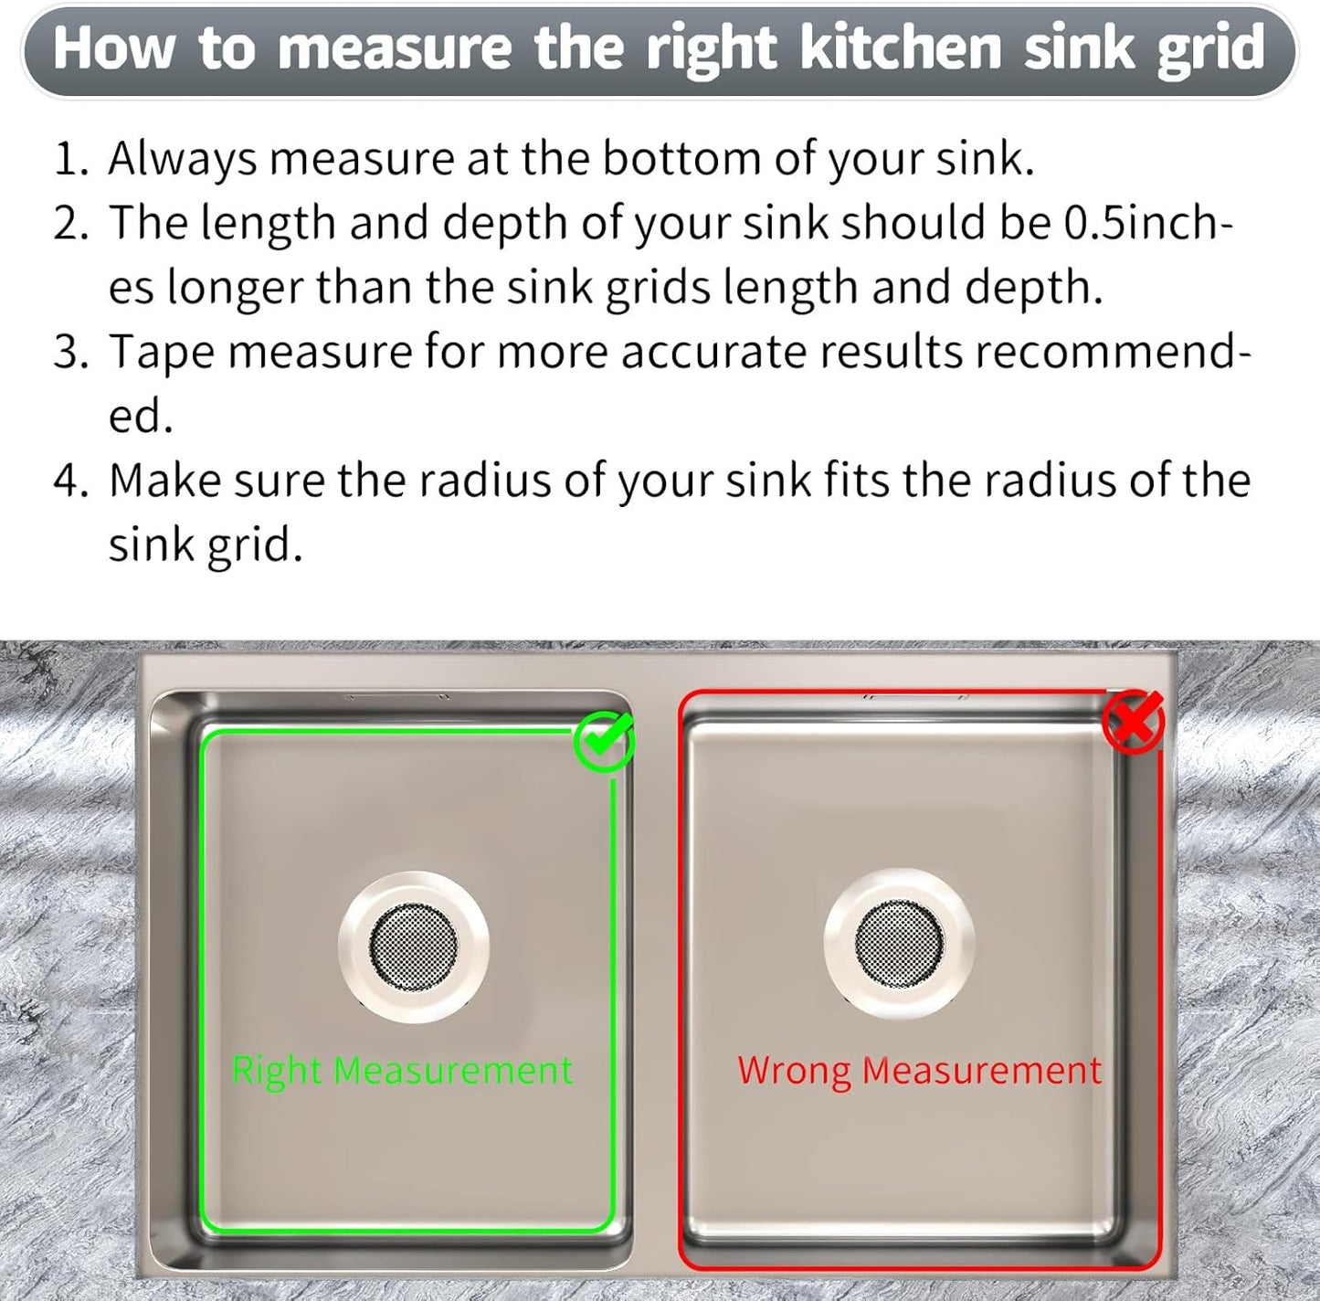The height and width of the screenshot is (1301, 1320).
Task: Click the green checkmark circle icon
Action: click(x=604, y=743)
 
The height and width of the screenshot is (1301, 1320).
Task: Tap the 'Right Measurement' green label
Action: click(x=402, y=1070)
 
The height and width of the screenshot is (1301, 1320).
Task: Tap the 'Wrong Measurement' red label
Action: click(x=920, y=1070)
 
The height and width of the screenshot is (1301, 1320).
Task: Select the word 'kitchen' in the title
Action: click(x=901, y=49)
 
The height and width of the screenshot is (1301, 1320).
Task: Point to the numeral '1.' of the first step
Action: click(x=70, y=160)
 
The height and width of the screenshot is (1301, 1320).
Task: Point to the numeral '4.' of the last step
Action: click(x=70, y=481)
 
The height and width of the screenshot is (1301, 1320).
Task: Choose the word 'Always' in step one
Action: click(x=183, y=160)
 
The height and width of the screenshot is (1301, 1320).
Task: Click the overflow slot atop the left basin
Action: click(x=397, y=698)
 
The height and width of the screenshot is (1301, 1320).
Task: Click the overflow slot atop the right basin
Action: click(x=916, y=697)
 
